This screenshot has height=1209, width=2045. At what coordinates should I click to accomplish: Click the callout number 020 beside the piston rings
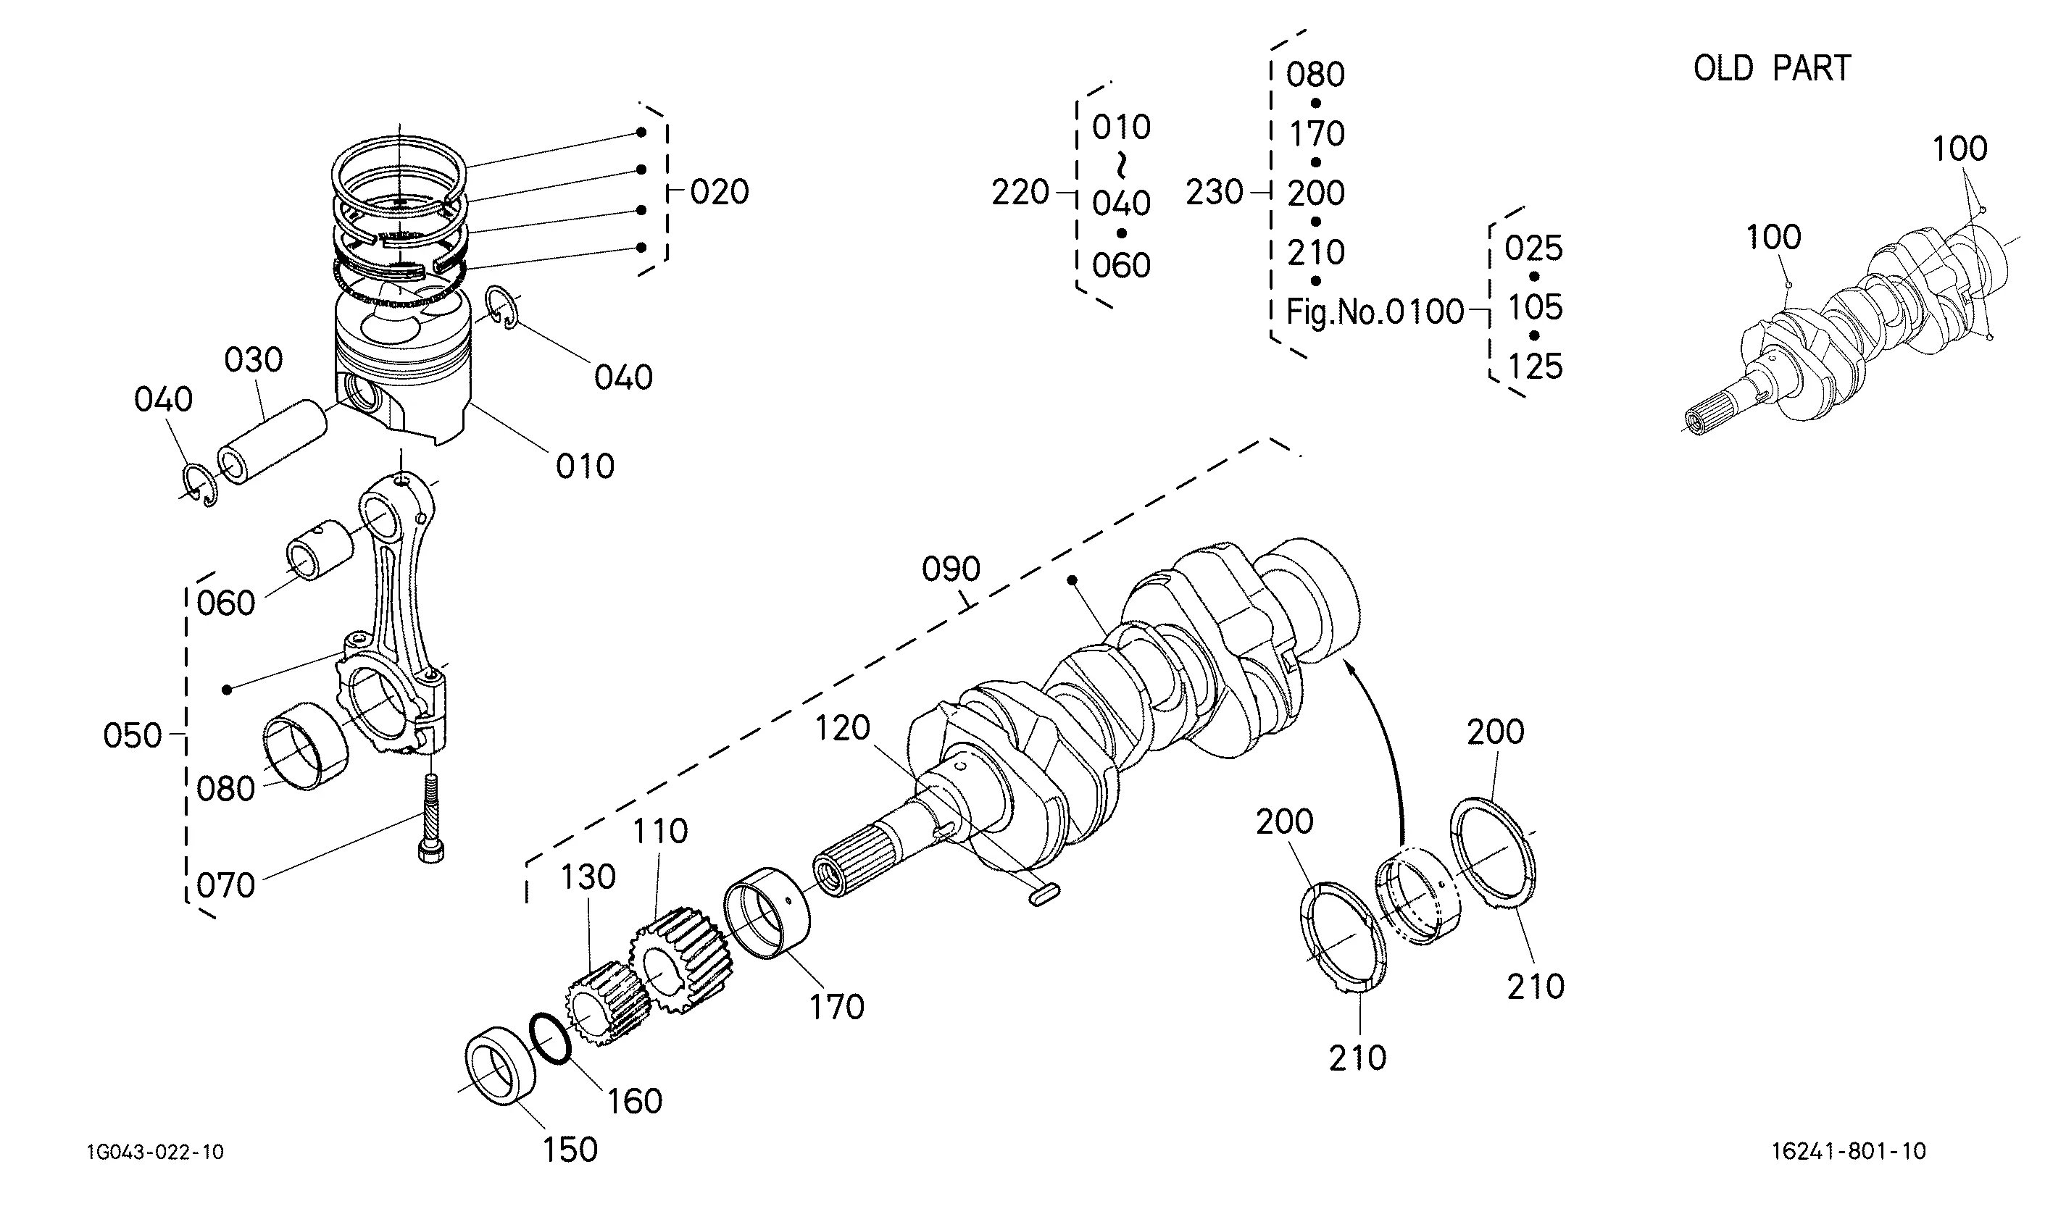(720, 192)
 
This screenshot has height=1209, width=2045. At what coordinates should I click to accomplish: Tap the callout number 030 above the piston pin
(254, 360)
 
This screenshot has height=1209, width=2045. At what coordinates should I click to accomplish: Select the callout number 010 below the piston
(585, 467)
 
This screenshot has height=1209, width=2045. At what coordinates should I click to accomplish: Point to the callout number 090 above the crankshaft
(951, 569)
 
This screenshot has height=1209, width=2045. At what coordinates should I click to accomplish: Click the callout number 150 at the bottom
(570, 1150)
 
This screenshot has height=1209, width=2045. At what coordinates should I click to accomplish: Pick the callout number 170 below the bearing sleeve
(836, 1007)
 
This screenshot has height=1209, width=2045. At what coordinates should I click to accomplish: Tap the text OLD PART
(1772, 68)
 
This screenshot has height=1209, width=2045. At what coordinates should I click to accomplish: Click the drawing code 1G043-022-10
(155, 1152)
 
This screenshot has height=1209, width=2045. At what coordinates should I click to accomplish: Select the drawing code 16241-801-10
(1849, 1151)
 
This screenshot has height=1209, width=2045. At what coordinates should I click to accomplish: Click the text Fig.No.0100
(1375, 312)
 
